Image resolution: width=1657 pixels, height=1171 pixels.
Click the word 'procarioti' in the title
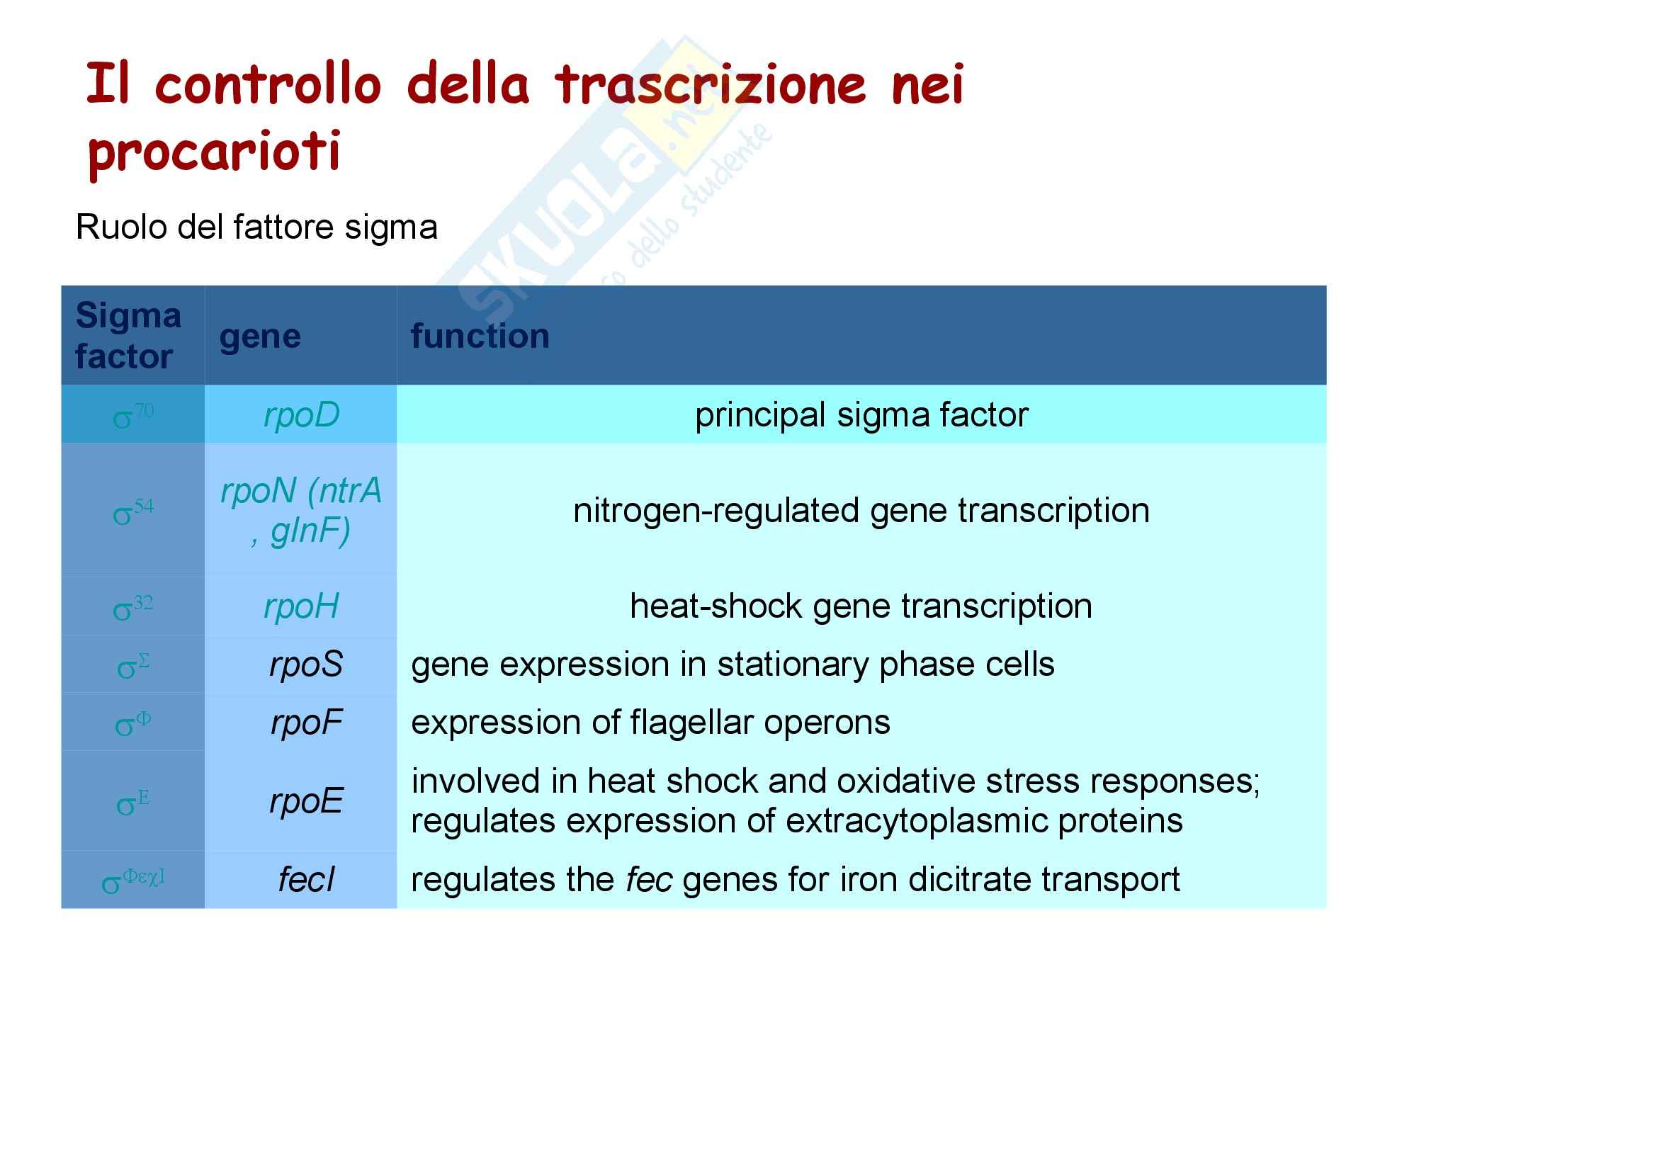click(x=214, y=153)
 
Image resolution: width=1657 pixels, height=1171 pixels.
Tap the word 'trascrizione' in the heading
click(x=710, y=84)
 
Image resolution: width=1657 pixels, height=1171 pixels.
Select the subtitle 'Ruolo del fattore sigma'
click(x=257, y=227)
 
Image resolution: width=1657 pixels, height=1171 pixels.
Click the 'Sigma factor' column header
click(x=128, y=336)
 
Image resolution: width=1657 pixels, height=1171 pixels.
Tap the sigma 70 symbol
click(x=132, y=417)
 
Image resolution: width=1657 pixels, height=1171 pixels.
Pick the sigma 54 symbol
click(x=132, y=511)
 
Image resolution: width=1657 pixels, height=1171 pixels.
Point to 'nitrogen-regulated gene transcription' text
click(x=861, y=511)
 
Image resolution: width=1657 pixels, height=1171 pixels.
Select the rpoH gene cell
click(x=301, y=606)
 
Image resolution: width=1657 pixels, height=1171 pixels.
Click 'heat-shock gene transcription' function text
click(x=861, y=606)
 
